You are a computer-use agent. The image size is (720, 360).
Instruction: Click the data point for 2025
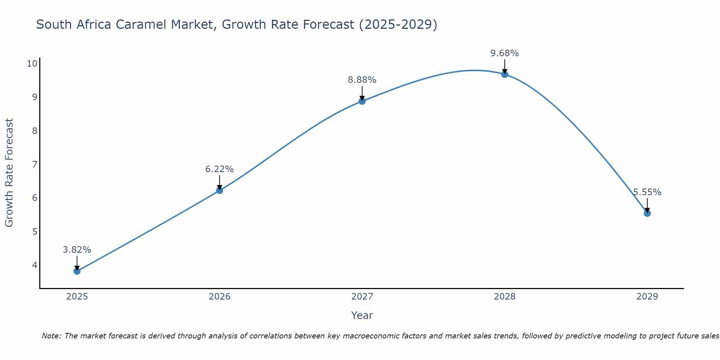(x=77, y=271)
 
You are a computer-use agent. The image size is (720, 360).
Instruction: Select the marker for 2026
(x=220, y=190)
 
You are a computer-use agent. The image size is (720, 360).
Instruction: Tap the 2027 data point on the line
(x=362, y=101)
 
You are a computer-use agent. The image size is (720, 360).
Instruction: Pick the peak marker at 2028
(x=505, y=74)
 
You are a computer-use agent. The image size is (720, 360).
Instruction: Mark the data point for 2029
(x=647, y=213)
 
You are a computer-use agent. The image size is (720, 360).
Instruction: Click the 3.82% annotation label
(x=77, y=249)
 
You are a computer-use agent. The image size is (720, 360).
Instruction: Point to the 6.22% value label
(x=220, y=169)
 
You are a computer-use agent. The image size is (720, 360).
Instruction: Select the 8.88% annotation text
(x=362, y=80)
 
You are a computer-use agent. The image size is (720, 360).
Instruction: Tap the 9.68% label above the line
(x=505, y=53)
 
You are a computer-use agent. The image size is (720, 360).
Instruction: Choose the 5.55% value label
(x=647, y=192)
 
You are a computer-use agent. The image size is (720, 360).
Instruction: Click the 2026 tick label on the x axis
(x=220, y=297)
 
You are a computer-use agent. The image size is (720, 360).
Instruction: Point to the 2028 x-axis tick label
(x=505, y=297)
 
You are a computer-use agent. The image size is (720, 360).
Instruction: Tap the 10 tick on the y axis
(x=32, y=64)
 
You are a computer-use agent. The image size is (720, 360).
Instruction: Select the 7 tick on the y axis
(x=35, y=165)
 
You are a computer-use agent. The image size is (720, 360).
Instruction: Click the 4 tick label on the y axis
(x=35, y=265)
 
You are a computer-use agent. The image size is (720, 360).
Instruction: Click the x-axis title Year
(x=362, y=315)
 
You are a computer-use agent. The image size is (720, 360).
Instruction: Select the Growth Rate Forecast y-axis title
(x=9, y=173)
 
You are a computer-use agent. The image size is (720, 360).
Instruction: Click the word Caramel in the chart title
(x=193, y=24)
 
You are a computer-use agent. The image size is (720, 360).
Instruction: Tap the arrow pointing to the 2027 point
(x=362, y=93)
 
